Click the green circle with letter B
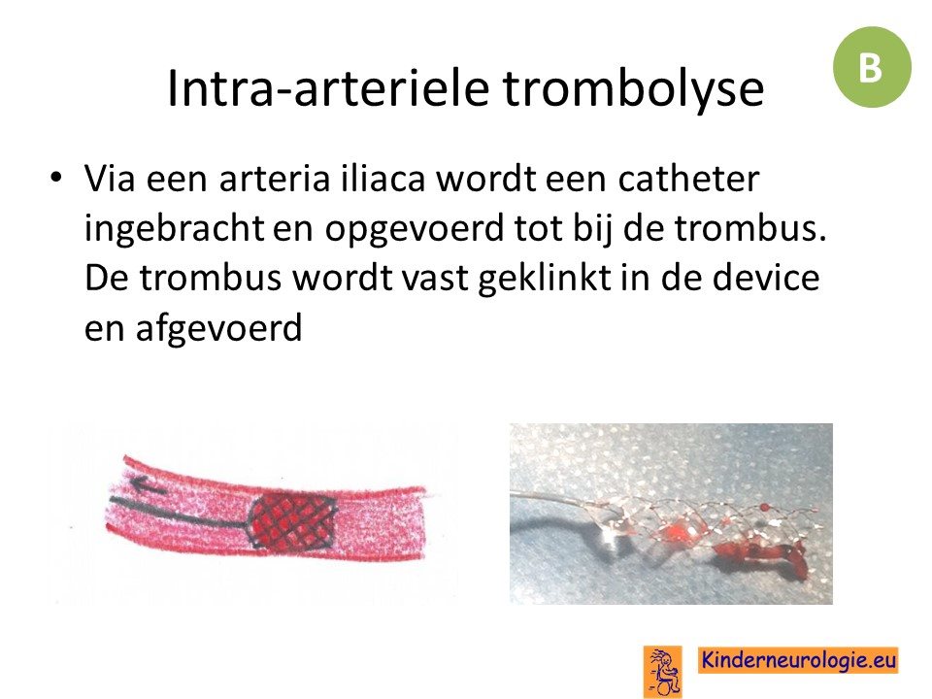[872, 67]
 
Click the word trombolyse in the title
[634, 89]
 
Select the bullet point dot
[56, 177]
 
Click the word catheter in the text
[688, 178]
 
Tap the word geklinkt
[545, 279]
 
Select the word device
[766, 277]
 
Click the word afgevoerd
[218, 327]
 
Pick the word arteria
[274, 179]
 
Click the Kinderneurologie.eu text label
[798, 660]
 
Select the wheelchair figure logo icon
[663, 672]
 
